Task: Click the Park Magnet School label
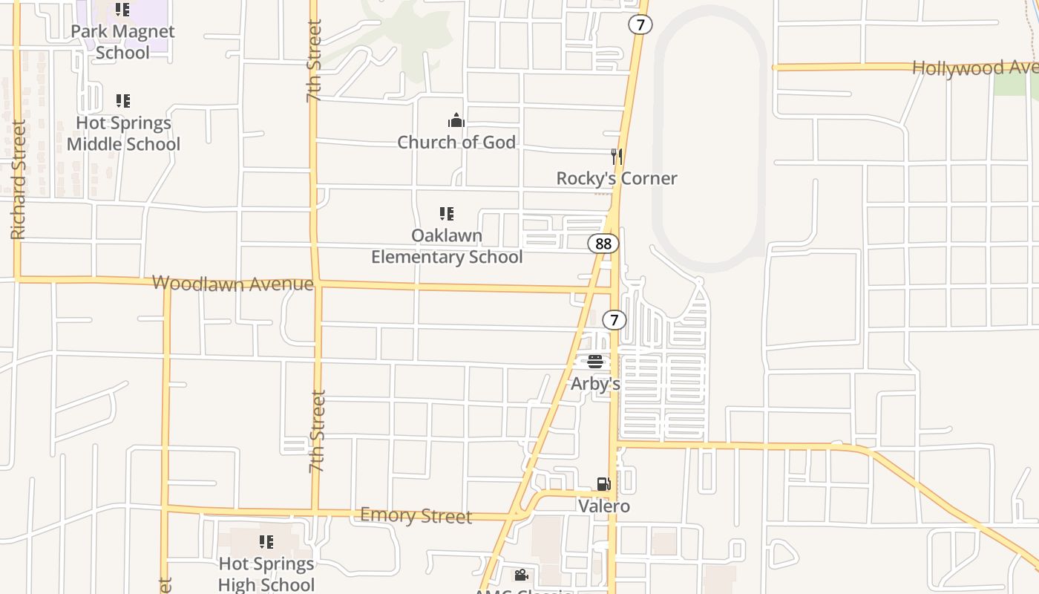click(x=122, y=42)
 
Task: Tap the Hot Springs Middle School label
click(x=123, y=134)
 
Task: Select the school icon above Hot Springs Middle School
click(x=123, y=100)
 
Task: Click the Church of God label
click(x=456, y=142)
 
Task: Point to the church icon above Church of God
click(x=456, y=120)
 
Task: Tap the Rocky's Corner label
click(x=617, y=178)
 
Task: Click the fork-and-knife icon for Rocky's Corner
click(x=616, y=156)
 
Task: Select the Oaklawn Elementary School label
click(x=447, y=247)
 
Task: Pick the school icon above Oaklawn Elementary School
click(x=447, y=214)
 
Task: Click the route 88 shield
click(x=603, y=244)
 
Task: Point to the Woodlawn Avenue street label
click(x=232, y=283)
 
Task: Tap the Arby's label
click(x=595, y=384)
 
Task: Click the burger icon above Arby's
click(x=595, y=362)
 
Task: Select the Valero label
click(x=604, y=506)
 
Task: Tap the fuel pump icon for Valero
click(x=604, y=484)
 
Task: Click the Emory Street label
click(x=416, y=515)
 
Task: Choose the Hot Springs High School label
click(x=266, y=574)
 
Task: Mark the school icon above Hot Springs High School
click(x=266, y=542)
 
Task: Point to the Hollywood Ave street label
click(x=974, y=68)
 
